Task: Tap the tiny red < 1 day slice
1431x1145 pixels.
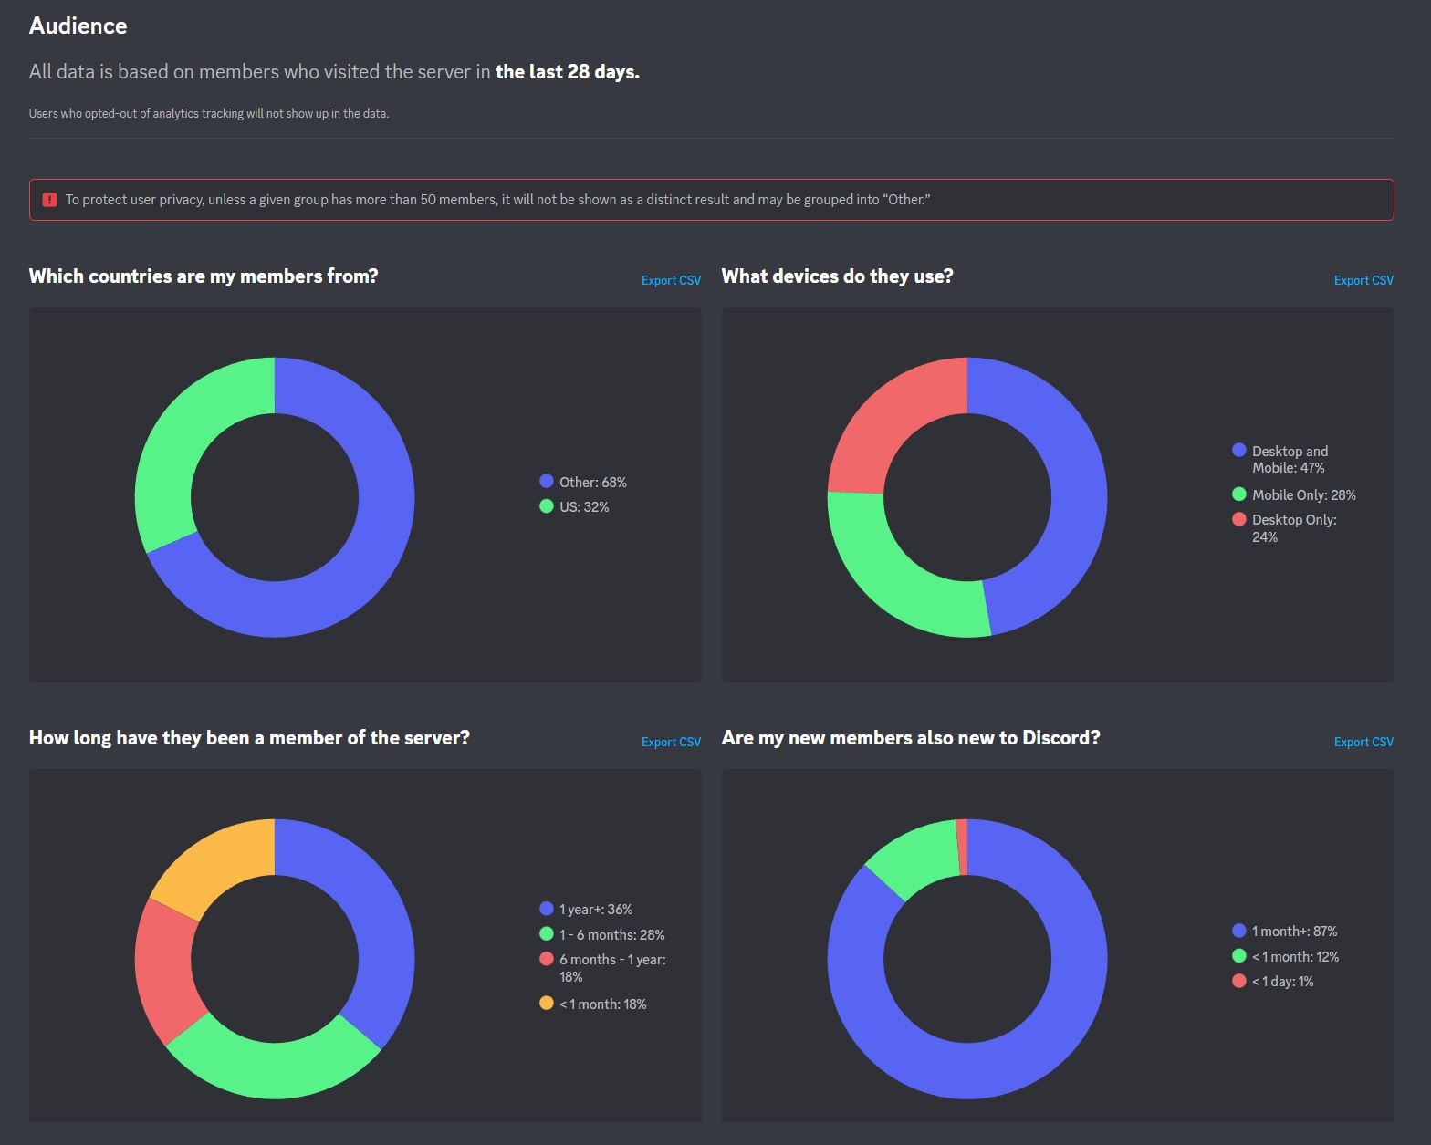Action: (x=962, y=847)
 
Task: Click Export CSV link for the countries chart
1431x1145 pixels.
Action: (x=671, y=280)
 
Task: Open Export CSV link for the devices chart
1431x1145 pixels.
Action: (x=1363, y=280)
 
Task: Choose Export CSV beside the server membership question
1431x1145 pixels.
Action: (x=671, y=742)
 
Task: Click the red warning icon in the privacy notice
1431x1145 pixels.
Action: (x=50, y=200)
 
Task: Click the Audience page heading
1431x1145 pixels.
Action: (x=78, y=26)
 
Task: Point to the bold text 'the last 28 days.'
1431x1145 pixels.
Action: (x=567, y=71)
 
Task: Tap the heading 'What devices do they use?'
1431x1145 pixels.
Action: (x=837, y=276)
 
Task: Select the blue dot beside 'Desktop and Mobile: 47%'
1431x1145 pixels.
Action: (x=1238, y=450)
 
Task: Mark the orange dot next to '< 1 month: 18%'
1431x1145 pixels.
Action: (x=547, y=1003)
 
